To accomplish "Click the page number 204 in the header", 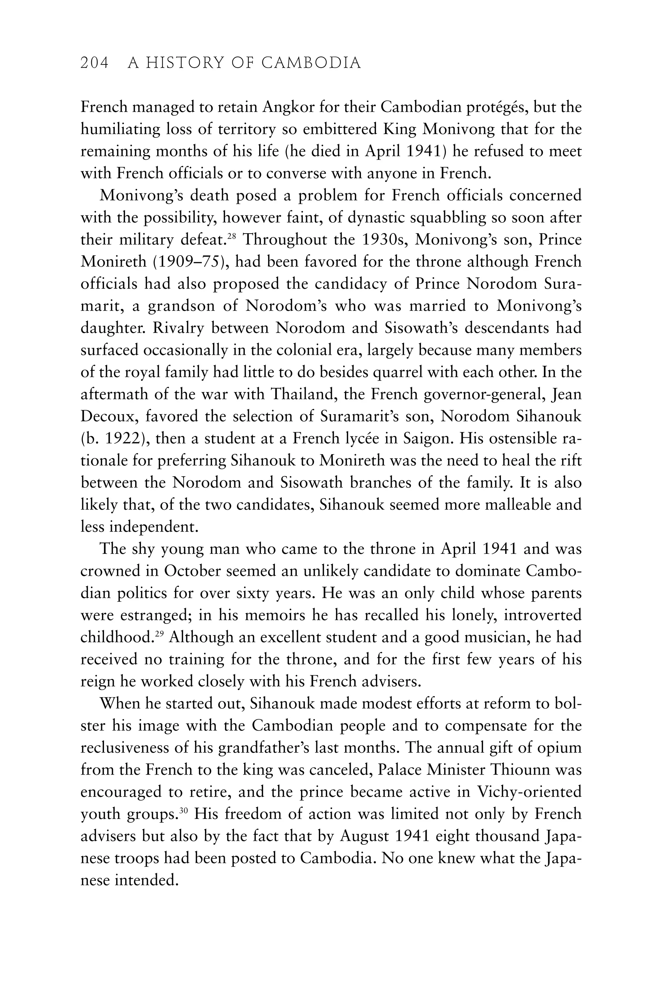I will [x=94, y=63].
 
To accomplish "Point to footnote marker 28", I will [x=232, y=236].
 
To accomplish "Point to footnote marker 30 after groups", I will [x=184, y=811].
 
